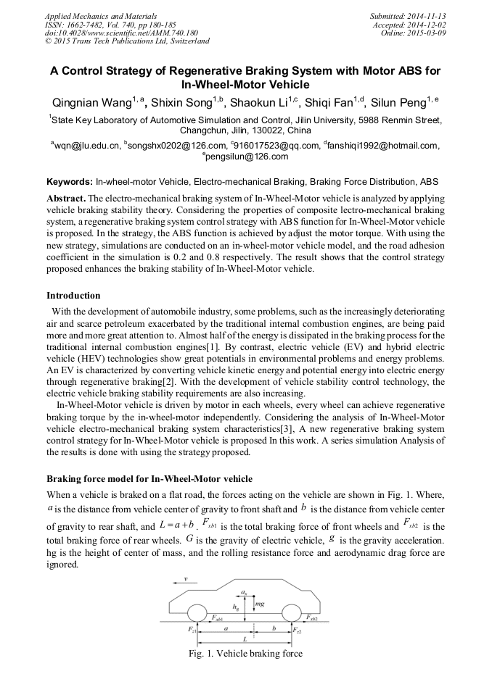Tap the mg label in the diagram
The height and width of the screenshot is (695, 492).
[259, 603]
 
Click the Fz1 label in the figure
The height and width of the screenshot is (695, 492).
[192, 631]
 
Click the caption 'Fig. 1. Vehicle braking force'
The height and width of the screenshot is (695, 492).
[245, 654]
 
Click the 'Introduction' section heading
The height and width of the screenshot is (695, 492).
[73, 296]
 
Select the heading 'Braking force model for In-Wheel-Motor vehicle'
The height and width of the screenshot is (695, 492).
[149, 479]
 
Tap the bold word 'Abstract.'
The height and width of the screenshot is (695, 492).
[66, 198]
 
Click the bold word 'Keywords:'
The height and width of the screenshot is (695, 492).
[70, 180]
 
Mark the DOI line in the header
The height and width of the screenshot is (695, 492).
[121, 33]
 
